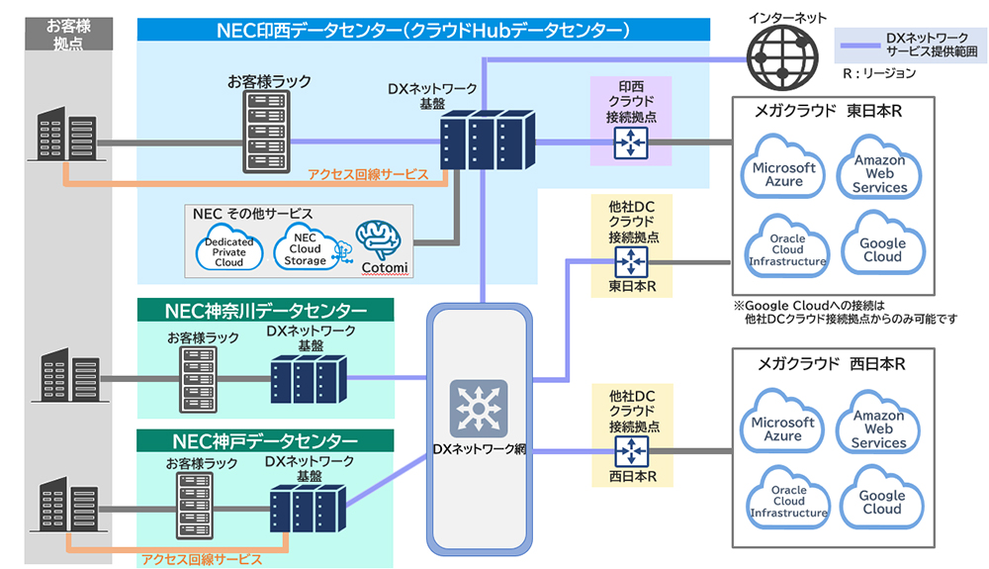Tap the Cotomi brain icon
382,241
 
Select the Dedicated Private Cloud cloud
228,248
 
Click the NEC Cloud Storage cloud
305,246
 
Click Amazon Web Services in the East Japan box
879,168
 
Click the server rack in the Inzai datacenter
262,132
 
